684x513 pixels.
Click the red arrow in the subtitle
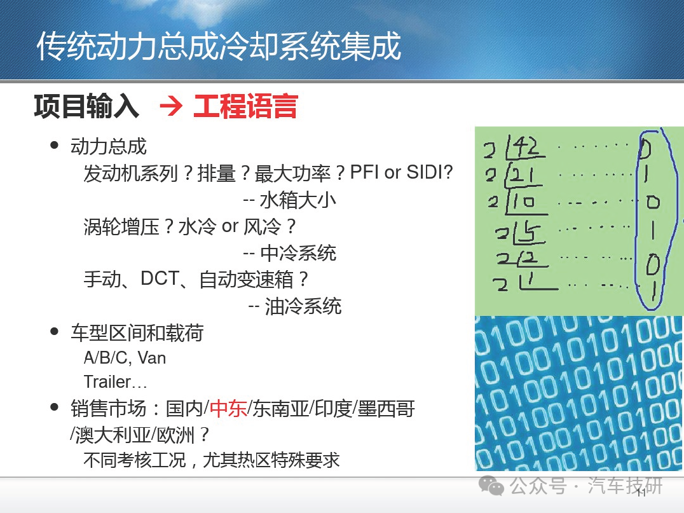coord(171,106)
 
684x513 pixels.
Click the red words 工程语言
coord(245,106)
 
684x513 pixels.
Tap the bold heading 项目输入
coord(86,106)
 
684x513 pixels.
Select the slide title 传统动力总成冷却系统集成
coord(219,46)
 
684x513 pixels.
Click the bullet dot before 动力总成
coord(55,146)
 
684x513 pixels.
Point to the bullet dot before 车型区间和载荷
coord(55,332)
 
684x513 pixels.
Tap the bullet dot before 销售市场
coord(55,407)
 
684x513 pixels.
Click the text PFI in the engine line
coord(365,172)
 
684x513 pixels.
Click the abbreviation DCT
coord(160,278)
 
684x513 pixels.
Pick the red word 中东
coord(228,409)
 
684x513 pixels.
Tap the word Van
coord(152,358)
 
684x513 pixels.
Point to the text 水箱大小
coord(298,200)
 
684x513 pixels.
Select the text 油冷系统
coord(303,306)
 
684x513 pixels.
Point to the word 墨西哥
coord(386,409)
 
